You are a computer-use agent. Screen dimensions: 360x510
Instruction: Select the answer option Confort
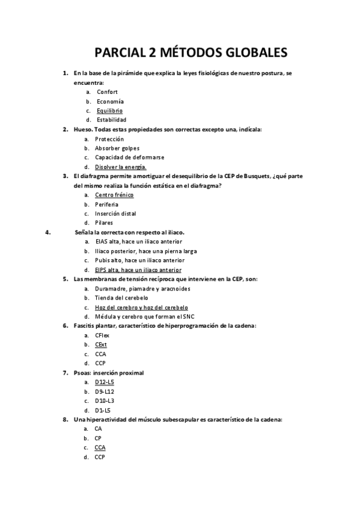[x=107, y=92]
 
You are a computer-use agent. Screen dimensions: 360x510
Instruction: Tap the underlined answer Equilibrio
[x=109, y=111]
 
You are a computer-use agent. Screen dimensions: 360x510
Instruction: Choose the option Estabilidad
[x=111, y=120]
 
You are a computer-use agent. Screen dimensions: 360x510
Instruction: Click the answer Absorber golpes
[x=117, y=148]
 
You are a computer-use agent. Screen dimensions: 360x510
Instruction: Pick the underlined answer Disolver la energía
[x=120, y=167]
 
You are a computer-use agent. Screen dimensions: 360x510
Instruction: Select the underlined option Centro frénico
[x=114, y=195]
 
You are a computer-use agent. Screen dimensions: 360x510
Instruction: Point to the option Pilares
[x=103, y=223]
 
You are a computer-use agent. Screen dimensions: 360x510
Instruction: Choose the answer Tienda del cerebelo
[x=121, y=298]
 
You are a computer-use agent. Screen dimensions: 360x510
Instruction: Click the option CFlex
[x=102, y=335]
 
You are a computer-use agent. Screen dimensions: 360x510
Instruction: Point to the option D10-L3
[x=104, y=401]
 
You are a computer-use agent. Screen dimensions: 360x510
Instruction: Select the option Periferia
[x=106, y=204]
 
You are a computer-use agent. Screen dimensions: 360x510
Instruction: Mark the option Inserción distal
[x=115, y=214]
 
